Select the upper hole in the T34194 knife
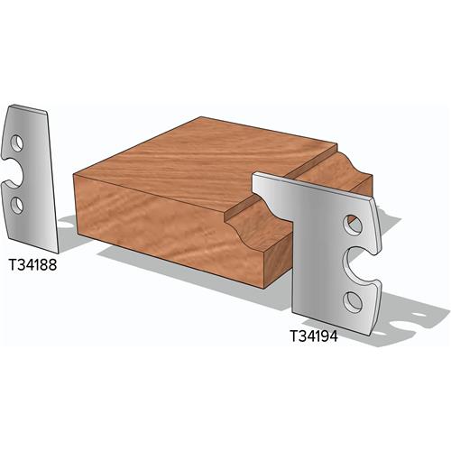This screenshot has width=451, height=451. coord(353,222)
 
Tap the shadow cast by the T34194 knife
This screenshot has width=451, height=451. coord(410,316)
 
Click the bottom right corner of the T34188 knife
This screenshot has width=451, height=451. coord(56,252)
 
